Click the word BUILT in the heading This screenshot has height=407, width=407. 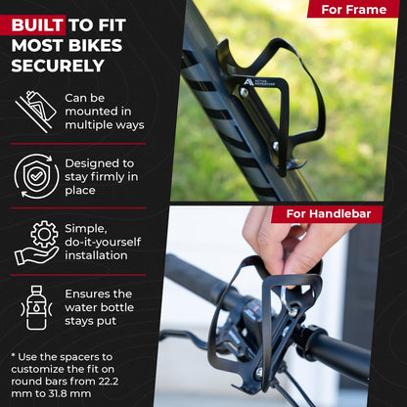pos(38,24)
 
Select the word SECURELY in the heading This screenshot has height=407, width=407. pos(57,67)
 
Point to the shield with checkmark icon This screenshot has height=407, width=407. pos(36,177)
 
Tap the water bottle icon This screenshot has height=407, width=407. pos(36,307)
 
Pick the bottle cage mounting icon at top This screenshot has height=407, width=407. pos(36,111)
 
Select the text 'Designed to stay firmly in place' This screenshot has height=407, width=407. pos(102,177)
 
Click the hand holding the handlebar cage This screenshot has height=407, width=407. pos(294,245)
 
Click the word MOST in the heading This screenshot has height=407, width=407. pos(39,46)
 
